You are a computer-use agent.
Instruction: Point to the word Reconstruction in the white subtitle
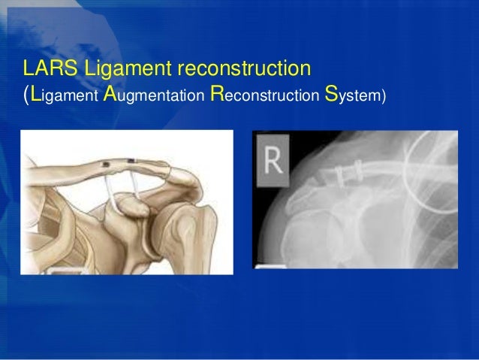pos(263,98)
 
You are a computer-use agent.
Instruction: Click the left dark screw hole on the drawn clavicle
pos(107,163)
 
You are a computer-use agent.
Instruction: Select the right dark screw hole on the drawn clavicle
pos(132,161)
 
